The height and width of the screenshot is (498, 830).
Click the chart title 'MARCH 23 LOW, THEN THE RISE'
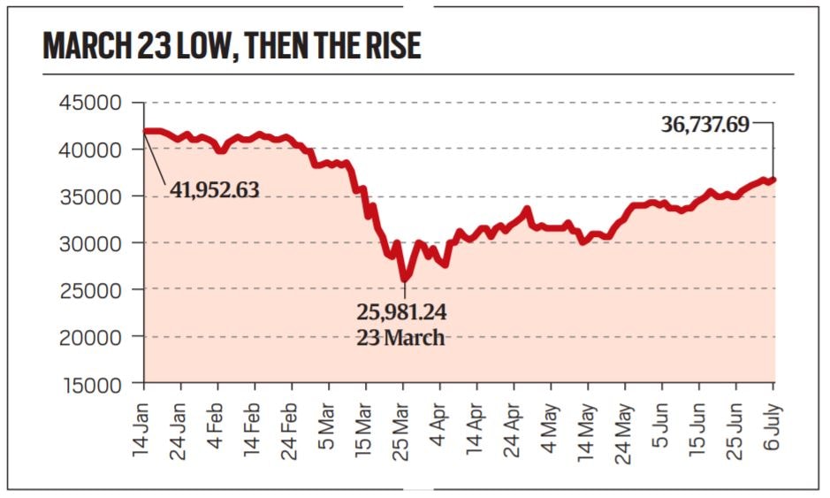click(x=232, y=46)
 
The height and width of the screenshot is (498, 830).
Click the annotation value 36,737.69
click(x=704, y=125)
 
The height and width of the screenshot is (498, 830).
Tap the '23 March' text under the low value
click(x=400, y=338)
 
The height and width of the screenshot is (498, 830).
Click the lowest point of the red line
click(x=405, y=280)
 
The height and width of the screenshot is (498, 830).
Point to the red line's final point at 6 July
click(x=774, y=180)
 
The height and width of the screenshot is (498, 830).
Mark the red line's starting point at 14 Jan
click(x=145, y=131)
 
